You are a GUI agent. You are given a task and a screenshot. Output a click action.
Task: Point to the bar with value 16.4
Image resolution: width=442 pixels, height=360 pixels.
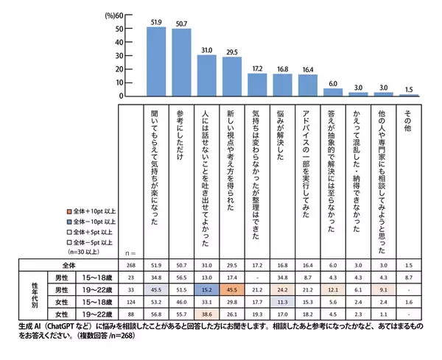[x=307, y=85]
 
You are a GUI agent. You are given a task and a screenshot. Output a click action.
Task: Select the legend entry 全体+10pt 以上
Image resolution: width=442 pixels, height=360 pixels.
[x=91, y=211]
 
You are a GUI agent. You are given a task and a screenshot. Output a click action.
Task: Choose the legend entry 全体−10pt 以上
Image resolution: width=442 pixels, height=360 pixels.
[x=91, y=222]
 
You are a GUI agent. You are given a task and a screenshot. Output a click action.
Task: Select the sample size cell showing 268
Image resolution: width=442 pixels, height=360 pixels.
[x=130, y=264]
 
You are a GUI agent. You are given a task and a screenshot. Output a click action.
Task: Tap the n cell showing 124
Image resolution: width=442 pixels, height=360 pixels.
[x=130, y=301]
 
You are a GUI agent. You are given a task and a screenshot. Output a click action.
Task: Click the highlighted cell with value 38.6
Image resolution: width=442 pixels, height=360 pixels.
[x=206, y=312]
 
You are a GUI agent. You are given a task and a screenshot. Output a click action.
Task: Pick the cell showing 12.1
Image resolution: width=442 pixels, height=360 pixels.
[x=333, y=289]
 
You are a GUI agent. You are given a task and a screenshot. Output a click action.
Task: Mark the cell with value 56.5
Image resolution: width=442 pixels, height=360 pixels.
[x=180, y=277]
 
